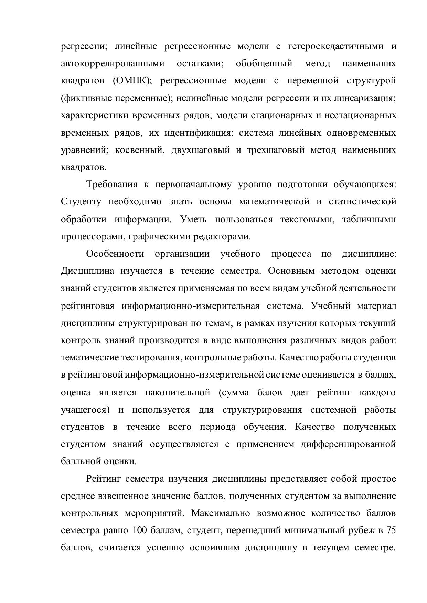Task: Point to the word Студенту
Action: [81, 202]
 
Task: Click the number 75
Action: [391, 531]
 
